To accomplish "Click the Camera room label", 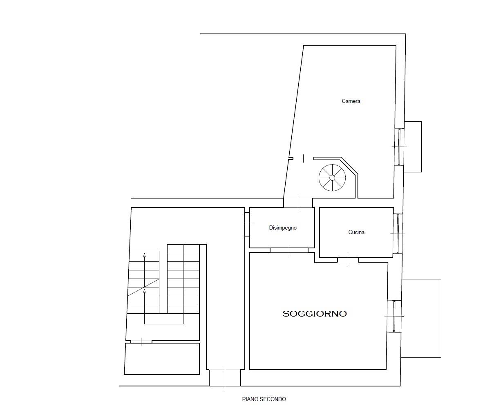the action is [x=351, y=101].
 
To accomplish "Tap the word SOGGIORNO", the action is [x=315, y=314].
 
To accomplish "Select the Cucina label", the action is [x=356, y=232].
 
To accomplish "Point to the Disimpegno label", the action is [x=283, y=228].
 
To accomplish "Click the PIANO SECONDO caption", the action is [x=264, y=399].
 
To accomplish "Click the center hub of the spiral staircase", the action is [x=332, y=178].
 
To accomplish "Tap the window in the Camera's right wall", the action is [x=399, y=147].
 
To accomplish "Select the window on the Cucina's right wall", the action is [x=398, y=234].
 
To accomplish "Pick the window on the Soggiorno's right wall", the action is [x=394, y=316].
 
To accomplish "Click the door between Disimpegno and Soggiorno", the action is [x=289, y=250].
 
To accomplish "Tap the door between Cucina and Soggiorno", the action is [x=348, y=260].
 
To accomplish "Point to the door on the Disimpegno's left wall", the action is [x=247, y=224].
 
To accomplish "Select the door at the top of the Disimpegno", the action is [x=298, y=203].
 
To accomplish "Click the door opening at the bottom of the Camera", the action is [x=303, y=158].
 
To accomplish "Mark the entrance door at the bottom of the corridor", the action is [x=225, y=378].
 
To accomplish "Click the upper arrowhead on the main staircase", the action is [x=144, y=255].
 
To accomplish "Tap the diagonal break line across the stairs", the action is [x=143, y=287].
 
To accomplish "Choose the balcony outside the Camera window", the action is [x=413, y=147].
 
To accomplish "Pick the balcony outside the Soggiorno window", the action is [x=421, y=318].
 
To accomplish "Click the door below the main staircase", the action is [x=141, y=342].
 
